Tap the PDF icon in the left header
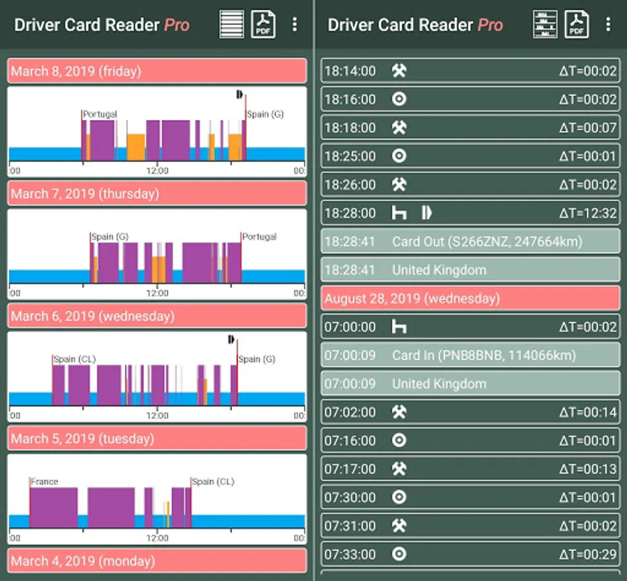(x=263, y=25)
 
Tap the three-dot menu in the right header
(x=608, y=25)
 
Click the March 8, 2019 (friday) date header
(x=156, y=71)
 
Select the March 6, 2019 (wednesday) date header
(x=156, y=316)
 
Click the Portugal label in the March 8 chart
(x=100, y=114)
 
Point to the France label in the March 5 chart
(x=45, y=482)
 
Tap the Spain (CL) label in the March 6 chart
(x=74, y=359)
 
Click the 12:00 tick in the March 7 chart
(x=157, y=293)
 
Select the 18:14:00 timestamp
(x=350, y=71)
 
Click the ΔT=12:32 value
(x=588, y=213)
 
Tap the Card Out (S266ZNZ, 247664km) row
(x=470, y=241)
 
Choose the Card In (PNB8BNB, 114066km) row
(x=470, y=355)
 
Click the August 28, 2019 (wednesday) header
(x=470, y=298)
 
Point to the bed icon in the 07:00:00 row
(x=399, y=327)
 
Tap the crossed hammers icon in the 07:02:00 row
(x=399, y=412)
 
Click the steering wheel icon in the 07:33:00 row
(x=399, y=554)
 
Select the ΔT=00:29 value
(x=588, y=554)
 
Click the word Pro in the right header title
(x=490, y=25)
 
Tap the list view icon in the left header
(x=231, y=25)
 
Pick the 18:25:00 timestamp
(x=350, y=156)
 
